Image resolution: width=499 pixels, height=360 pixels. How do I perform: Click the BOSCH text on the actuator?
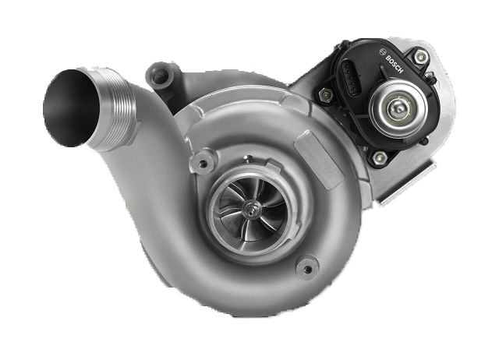pyautogui.click(x=395, y=65)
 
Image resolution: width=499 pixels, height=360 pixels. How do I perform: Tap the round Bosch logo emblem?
pyautogui.click(x=383, y=52)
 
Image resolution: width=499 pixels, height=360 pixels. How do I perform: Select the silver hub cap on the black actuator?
pyautogui.click(x=398, y=108)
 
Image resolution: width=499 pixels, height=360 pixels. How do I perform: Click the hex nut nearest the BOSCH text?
pyautogui.click(x=420, y=57)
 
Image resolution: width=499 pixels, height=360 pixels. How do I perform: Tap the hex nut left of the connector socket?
pyautogui.click(x=326, y=94)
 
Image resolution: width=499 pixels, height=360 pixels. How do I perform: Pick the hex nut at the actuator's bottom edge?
pyautogui.click(x=379, y=157)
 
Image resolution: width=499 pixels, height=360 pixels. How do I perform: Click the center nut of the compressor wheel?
pyautogui.click(x=251, y=209)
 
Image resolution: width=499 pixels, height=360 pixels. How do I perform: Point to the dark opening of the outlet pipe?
pyautogui.click(x=71, y=108)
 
